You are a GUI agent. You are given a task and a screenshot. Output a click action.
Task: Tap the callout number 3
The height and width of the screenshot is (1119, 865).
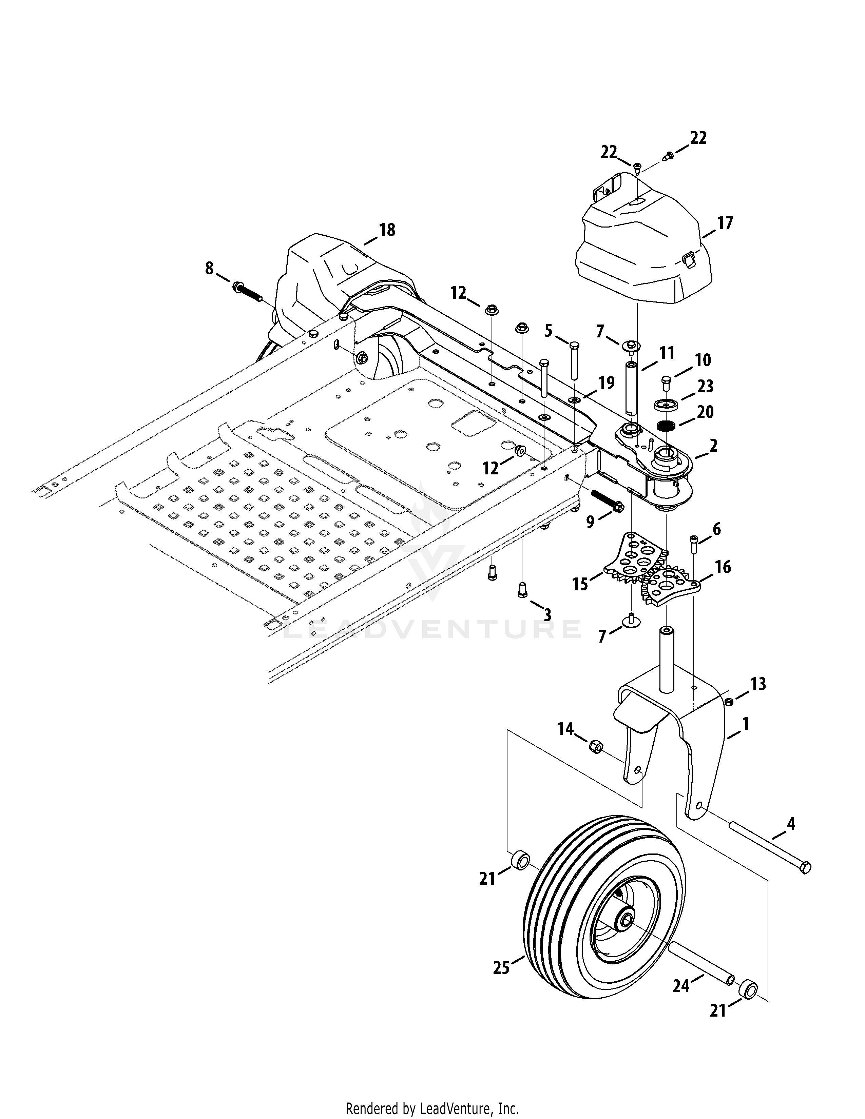[x=547, y=615]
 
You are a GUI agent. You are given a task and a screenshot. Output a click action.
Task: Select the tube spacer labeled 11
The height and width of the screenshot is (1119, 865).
[x=630, y=388]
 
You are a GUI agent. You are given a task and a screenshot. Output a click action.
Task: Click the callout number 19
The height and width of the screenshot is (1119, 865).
[x=606, y=383]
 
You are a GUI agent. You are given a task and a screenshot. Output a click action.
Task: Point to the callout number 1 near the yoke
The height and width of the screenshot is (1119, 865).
[x=746, y=724]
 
